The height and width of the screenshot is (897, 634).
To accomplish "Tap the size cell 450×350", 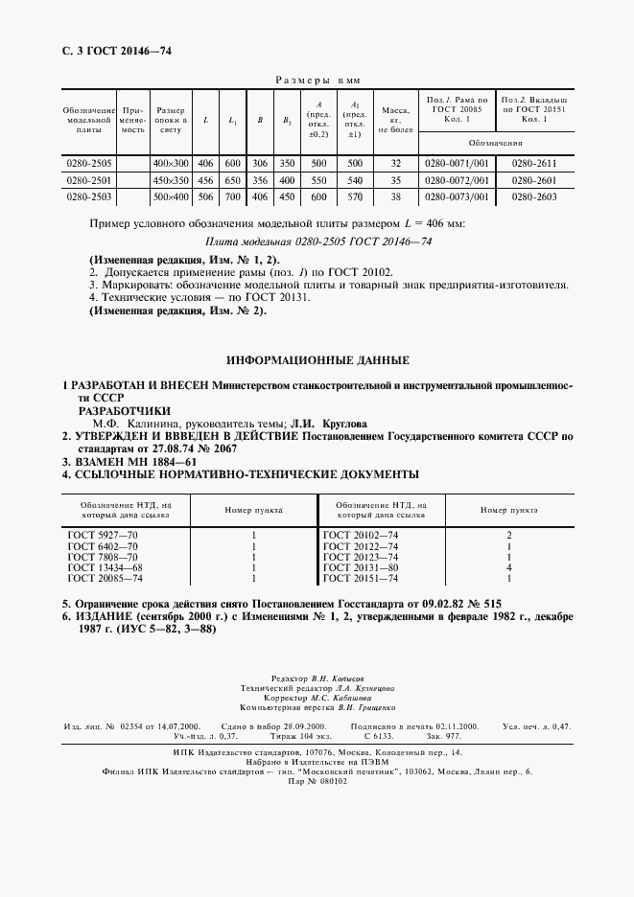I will point(172,180).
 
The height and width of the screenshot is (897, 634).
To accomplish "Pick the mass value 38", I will point(394,196).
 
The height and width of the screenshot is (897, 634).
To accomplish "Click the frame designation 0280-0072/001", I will point(457,180).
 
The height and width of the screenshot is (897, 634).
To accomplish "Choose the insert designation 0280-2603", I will point(534,196).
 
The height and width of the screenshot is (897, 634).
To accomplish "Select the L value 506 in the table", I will point(205,196).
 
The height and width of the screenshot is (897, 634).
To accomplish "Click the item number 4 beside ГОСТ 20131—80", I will point(509,567).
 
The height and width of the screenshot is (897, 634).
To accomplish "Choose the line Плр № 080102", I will point(317,781).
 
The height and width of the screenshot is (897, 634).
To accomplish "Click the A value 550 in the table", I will point(318,180).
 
